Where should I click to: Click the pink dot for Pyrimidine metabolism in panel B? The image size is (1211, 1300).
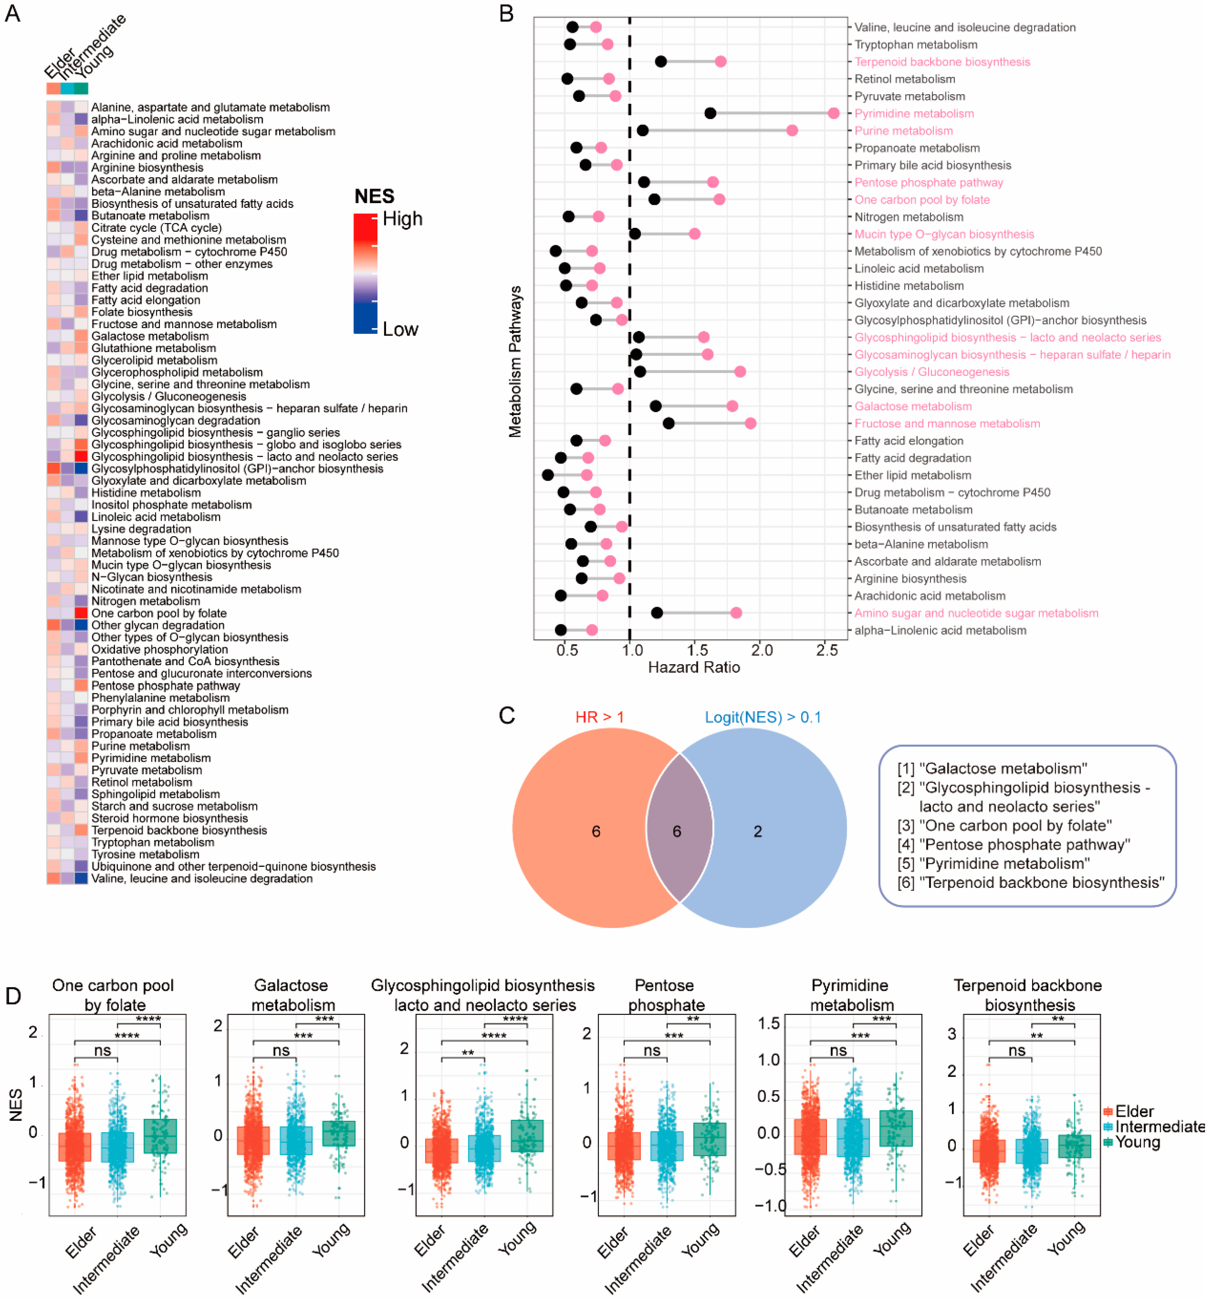click(x=833, y=113)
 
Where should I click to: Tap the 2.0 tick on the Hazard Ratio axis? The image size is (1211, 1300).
click(x=762, y=650)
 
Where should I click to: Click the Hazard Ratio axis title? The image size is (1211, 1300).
click(x=694, y=667)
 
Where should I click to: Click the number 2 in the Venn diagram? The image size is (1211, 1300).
click(x=757, y=831)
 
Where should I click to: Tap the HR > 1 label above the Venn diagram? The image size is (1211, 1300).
click(x=600, y=717)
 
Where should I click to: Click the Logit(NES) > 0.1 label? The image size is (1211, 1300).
click(x=762, y=717)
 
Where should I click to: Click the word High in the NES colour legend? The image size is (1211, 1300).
click(x=402, y=218)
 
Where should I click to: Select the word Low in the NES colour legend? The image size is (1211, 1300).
click(x=400, y=329)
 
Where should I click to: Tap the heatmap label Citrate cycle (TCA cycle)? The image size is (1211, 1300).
click(x=156, y=228)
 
